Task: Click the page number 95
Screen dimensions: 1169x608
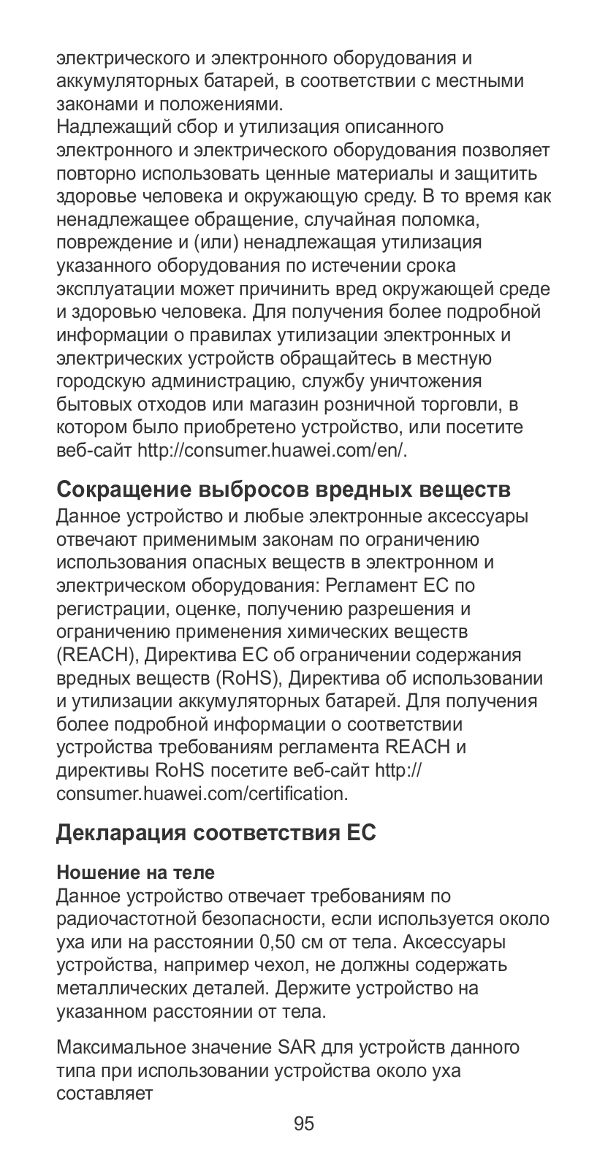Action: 303,1123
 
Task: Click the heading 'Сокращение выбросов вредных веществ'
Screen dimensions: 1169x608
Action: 282,488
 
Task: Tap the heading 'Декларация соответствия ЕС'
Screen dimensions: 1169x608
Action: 216,833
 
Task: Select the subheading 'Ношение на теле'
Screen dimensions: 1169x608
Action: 135,872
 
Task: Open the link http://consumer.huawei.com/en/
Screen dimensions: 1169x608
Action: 272,450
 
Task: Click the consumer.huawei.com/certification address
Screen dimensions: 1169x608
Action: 202,793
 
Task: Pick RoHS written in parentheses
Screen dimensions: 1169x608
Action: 248,678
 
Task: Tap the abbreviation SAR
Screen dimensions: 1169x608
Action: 295,1048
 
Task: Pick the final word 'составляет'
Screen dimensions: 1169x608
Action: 104,1094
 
